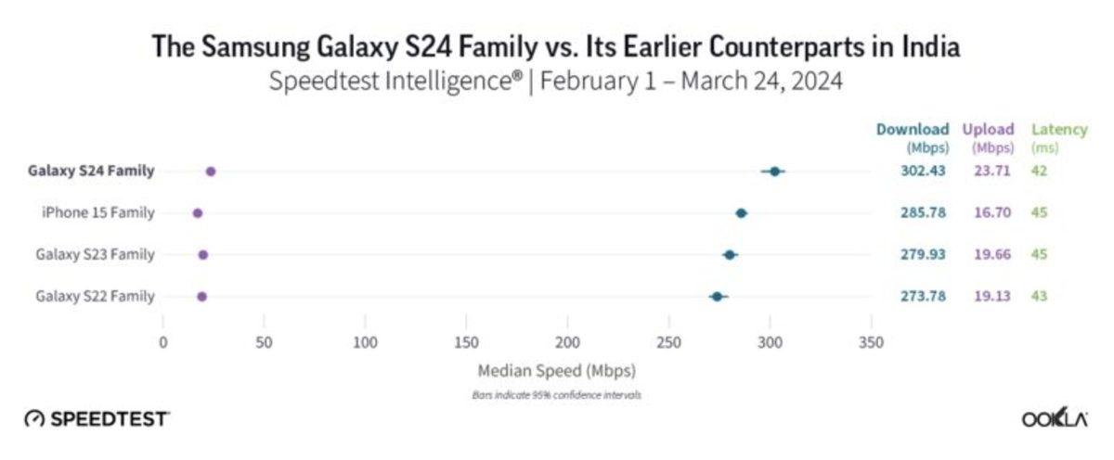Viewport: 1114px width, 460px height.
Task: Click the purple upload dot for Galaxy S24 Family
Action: coord(211,172)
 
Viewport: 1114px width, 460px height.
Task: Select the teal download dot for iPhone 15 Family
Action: coord(741,213)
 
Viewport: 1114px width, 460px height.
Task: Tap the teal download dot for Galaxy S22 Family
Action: coord(717,297)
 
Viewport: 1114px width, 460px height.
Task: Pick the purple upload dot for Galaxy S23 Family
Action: coord(203,255)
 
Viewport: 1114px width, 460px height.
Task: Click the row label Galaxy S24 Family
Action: coord(91,172)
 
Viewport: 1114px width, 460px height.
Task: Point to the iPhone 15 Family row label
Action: coord(97,213)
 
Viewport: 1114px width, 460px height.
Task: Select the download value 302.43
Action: coord(923,172)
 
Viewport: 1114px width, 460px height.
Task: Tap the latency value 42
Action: coord(1039,172)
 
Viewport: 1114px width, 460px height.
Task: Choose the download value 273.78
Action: coord(923,297)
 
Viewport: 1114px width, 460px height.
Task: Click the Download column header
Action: coord(912,130)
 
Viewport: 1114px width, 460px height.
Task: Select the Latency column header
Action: coord(1045,130)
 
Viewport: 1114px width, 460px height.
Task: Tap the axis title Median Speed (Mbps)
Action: coord(557,371)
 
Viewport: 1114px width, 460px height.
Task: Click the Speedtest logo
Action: coord(97,419)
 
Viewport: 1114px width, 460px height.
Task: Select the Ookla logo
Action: coord(1055,419)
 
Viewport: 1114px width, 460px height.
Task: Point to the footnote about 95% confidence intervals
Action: coord(557,395)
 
